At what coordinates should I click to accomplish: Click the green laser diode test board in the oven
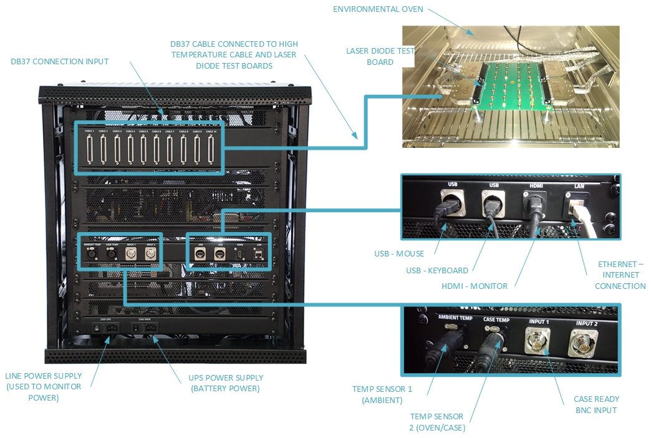pyautogui.click(x=511, y=86)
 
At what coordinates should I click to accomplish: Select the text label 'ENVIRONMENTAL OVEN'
pyautogui.click(x=378, y=9)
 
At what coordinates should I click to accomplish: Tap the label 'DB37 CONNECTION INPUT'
pyautogui.click(x=60, y=61)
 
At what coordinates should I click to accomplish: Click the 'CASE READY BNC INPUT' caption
pyautogui.click(x=596, y=404)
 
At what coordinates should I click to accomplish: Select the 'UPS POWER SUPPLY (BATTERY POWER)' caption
pyautogui.click(x=226, y=382)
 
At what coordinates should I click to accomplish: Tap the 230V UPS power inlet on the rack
pyautogui.click(x=104, y=328)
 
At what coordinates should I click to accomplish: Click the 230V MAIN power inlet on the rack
pyautogui.click(x=145, y=328)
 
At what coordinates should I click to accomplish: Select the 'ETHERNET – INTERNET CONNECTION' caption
pyautogui.click(x=620, y=275)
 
